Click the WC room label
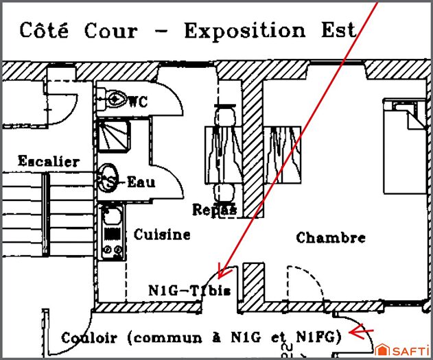click(138, 101)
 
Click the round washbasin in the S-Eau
click(108, 178)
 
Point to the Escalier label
click(48, 162)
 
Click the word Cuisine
click(162, 235)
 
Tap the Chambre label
click(331, 238)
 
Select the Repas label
click(215, 209)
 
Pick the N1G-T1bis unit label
click(189, 290)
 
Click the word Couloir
click(89, 337)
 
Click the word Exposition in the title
click(245, 31)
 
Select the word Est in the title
click(336, 31)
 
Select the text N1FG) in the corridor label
click(320, 337)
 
